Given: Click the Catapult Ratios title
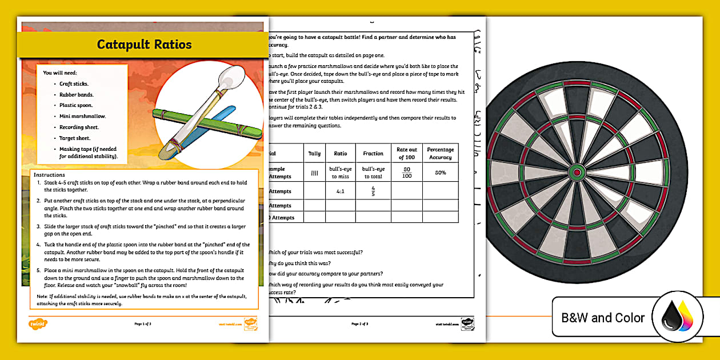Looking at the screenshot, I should pos(144,45).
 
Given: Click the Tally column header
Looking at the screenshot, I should pos(315,153).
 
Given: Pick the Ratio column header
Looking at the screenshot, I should pos(341,153).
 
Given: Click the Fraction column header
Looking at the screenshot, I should pos(373,153).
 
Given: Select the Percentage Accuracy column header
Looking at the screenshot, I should pos(440,153).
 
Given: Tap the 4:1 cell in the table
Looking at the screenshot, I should pos(341,191).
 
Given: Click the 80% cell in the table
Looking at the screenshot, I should pos(440,172).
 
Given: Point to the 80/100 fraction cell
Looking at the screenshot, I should pos(406,172).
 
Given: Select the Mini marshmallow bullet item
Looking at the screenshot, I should pos(83,116).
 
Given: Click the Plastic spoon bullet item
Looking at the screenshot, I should pos(76,105).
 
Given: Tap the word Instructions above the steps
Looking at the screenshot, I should pos(49,174).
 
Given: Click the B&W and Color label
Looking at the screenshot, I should pos(603,318).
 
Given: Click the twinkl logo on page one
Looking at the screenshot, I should pos(38,324).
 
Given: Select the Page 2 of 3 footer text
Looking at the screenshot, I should pos(359,324).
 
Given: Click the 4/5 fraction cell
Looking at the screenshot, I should pos(373,190).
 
